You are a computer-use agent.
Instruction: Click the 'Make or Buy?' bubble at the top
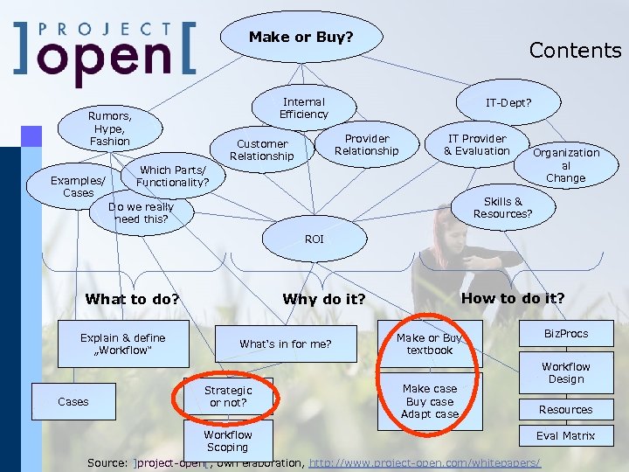[301, 37]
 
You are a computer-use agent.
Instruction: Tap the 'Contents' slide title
[575, 50]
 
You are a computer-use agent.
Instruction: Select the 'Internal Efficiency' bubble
[303, 108]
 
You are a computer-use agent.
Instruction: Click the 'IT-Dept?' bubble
[508, 103]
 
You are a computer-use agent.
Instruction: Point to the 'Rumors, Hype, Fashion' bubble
[110, 128]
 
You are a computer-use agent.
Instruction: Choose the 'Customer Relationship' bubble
[262, 150]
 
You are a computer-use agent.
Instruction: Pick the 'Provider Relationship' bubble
[367, 145]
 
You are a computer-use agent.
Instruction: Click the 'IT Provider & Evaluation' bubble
[477, 145]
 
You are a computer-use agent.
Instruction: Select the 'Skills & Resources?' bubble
[502, 207]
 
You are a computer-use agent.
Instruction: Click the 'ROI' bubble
[314, 239]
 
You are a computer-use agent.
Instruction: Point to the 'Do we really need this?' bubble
[141, 213]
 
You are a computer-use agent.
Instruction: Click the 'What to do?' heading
[132, 299]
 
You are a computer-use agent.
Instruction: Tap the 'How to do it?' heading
[513, 298]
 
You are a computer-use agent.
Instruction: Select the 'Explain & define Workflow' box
[123, 344]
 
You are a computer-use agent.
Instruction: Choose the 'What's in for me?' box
[286, 344]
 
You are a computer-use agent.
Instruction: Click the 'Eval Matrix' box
[565, 435]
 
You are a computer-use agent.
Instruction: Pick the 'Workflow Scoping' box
[228, 441]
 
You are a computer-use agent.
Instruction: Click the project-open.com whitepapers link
[425, 462]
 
